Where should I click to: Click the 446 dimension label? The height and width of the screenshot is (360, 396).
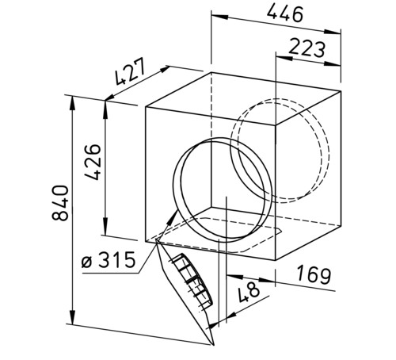pyautogui.click(x=285, y=13)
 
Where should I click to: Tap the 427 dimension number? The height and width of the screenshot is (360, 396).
pyautogui.click(x=130, y=71)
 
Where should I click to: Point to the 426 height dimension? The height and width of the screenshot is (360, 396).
pyautogui.click(x=93, y=162)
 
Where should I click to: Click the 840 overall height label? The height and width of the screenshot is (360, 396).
pyautogui.click(x=60, y=203)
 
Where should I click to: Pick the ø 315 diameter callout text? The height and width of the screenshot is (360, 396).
pyautogui.click(x=109, y=259)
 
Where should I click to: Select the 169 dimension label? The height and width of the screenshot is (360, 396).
pyautogui.click(x=314, y=275)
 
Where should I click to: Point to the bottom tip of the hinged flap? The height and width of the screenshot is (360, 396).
pyautogui.click(x=213, y=345)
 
